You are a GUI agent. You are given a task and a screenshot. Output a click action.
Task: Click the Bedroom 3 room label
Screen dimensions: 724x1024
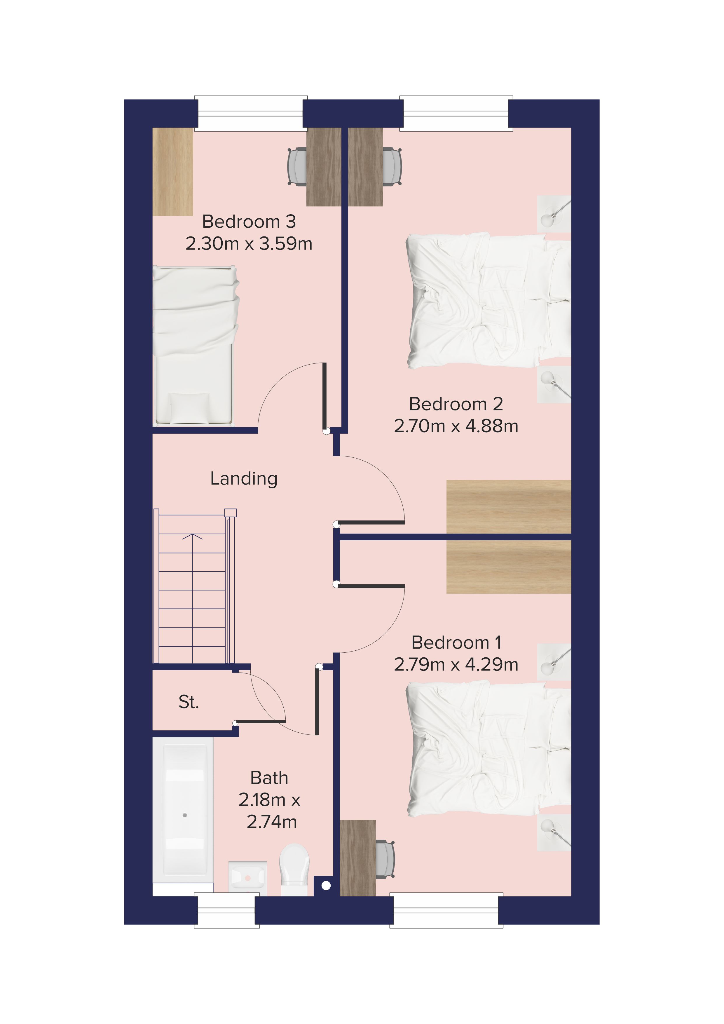(x=249, y=222)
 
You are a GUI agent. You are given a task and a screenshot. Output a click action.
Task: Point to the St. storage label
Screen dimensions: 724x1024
(x=189, y=702)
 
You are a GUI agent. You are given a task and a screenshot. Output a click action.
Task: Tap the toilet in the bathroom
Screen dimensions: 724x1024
(x=294, y=869)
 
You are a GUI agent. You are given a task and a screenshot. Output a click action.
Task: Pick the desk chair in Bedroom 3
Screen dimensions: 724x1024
(x=297, y=166)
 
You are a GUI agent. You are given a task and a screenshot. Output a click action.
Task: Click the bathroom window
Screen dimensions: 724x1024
(x=227, y=910)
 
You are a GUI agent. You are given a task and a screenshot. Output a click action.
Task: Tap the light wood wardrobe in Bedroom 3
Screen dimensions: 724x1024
(x=173, y=172)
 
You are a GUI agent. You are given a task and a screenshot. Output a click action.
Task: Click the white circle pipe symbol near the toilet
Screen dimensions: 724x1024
(x=326, y=886)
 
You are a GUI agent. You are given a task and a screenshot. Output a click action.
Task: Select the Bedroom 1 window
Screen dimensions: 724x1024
(x=446, y=910)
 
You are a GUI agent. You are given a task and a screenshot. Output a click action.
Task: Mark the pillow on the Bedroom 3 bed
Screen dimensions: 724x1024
(x=189, y=408)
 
